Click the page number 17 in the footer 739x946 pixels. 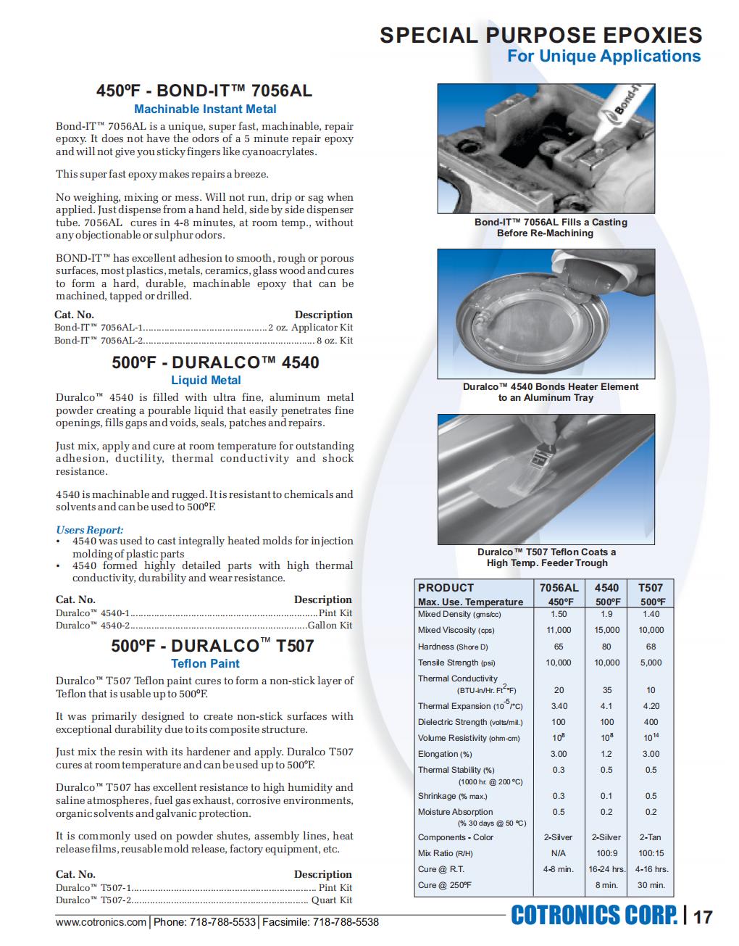tap(703, 917)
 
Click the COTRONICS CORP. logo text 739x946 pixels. tap(594, 916)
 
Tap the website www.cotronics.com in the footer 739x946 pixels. tap(101, 922)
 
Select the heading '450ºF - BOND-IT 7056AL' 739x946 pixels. tap(204, 91)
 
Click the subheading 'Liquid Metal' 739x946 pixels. tap(206, 380)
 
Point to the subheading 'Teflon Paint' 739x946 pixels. tap(205, 663)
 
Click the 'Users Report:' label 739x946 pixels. tap(90, 530)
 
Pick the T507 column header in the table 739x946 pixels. tap(651, 588)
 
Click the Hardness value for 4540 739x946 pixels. tap(606, 647)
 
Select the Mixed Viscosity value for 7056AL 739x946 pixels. tap(559, 631)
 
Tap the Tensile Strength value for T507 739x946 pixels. tap(651, 663)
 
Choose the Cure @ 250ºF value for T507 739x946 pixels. tap(651, 885)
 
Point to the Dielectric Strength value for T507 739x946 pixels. tap(651, 722)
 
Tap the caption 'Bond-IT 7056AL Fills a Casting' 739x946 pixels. tap(551, 222)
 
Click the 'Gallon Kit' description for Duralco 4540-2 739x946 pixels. tap(330, 626)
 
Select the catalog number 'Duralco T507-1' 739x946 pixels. tap(93, 888)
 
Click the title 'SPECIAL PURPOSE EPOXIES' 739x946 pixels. tap(540, 35)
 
